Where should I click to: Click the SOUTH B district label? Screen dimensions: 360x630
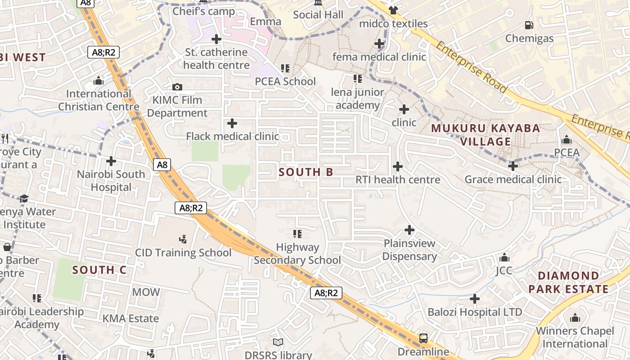point(306,172)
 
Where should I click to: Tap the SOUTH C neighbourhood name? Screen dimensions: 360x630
point(99,270)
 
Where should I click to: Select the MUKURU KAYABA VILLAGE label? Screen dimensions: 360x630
point(486,135)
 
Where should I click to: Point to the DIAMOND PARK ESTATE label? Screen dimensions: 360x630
point(568,282)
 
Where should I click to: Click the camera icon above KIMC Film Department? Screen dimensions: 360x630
point(177,87)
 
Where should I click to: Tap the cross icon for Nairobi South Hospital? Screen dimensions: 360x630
point(111,161)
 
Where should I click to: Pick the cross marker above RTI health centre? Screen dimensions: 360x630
point(398,166)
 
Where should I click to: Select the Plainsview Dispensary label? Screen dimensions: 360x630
point(409,250)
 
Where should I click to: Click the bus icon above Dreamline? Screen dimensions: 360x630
point(423,338)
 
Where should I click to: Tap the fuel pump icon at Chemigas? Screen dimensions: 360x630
point(529,25)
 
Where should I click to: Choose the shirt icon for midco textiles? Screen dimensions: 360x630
point(393,10)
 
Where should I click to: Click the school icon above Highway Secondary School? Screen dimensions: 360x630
point(297,234)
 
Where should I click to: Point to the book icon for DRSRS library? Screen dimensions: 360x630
point(278,342)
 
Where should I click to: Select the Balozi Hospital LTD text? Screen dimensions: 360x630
point(475,312)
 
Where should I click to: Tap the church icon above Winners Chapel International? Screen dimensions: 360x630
point(575,318)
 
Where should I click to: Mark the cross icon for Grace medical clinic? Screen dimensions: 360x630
point(513,166)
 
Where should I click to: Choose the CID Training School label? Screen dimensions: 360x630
point(184,252)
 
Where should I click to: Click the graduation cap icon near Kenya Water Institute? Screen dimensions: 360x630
point(24,198)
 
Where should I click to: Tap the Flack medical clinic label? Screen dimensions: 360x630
point(233,136)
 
